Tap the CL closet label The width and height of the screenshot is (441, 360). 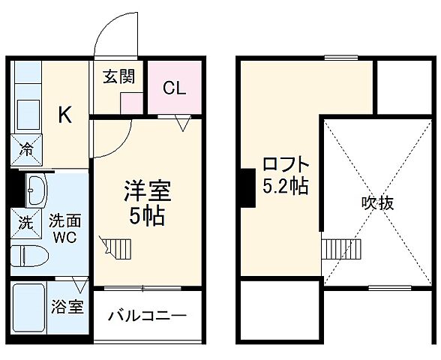click(174, 87)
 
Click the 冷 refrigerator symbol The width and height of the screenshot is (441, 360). click(27, 148)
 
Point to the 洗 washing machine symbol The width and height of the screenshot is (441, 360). click(26, 222)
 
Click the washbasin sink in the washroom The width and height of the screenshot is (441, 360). click(35, 192)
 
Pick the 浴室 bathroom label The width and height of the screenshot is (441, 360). click(67, 307)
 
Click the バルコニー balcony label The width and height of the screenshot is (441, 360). click(147, 316)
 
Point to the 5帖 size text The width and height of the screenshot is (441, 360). click(147, 217)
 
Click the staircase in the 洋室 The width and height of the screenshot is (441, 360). click(118, 246)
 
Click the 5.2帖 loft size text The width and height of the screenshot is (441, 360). click(285, 186)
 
